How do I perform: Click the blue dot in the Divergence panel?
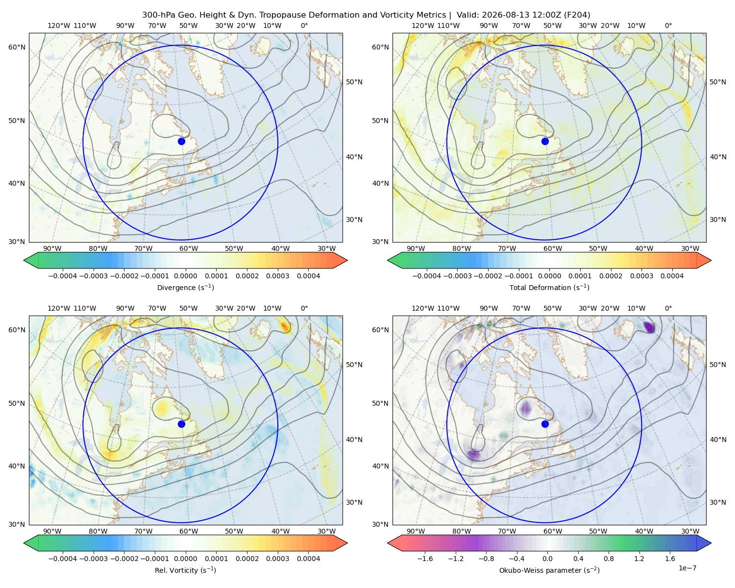181,141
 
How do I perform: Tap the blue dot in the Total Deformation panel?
545,141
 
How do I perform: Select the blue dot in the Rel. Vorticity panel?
181,424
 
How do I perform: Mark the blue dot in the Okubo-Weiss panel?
545,424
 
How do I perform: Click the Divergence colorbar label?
185,287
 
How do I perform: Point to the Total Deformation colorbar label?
549,287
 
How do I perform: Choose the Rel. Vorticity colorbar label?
185,570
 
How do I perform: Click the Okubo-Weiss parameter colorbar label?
549,570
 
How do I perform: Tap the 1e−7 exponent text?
687,568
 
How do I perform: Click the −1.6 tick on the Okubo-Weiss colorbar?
425,559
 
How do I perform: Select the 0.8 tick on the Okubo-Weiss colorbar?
609,559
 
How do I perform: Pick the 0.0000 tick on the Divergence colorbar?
185,276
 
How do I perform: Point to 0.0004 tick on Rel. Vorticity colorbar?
308,559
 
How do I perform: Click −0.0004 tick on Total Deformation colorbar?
427,276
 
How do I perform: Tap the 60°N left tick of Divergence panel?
17,47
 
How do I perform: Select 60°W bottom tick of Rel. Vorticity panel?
189,531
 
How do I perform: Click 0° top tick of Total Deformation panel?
668,25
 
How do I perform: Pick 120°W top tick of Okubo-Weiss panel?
422,308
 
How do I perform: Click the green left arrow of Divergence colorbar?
31,260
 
